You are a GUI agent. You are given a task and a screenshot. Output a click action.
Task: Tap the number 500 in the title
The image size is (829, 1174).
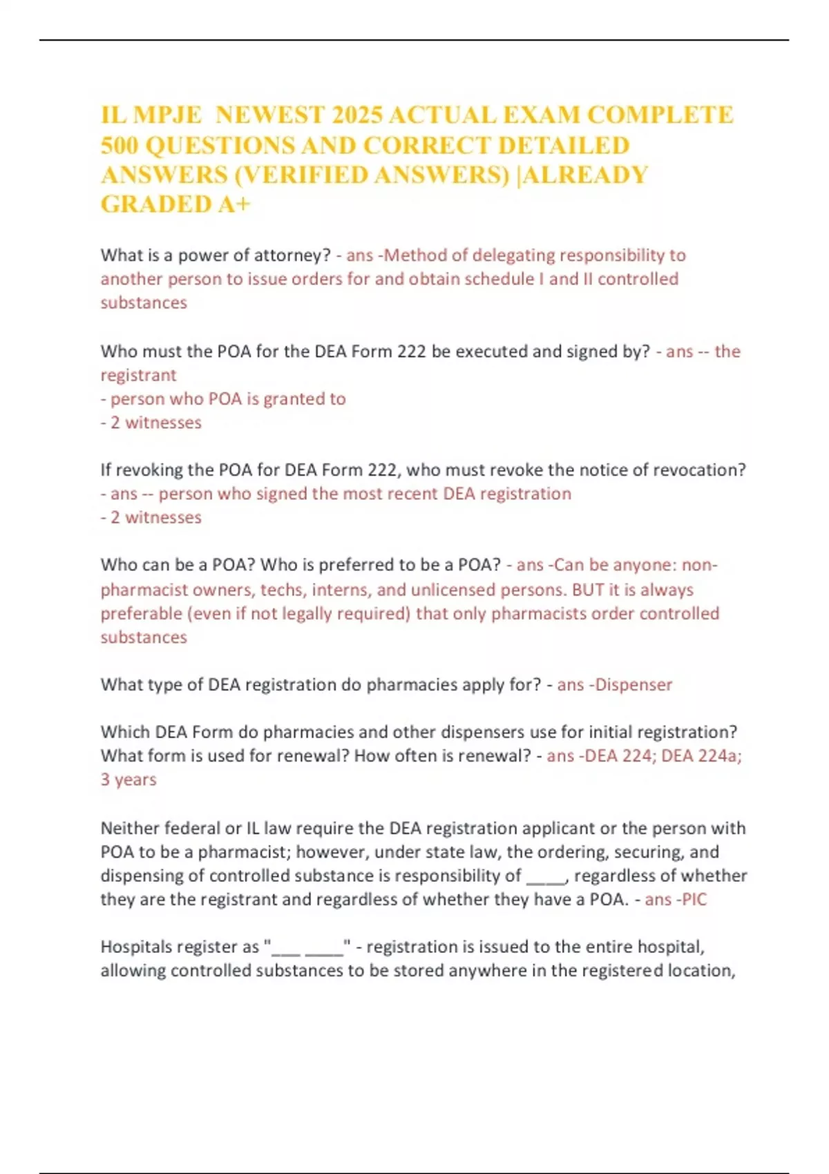point(121,145)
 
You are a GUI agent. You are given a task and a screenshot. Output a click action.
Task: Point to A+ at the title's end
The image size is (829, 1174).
point(235,204)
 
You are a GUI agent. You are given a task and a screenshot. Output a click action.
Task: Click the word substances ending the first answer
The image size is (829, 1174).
point(144,302)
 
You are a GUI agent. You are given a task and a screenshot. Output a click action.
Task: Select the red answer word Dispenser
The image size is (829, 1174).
point(633,685)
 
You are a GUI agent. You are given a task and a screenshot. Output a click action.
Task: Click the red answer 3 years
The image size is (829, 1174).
point(128,780)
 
